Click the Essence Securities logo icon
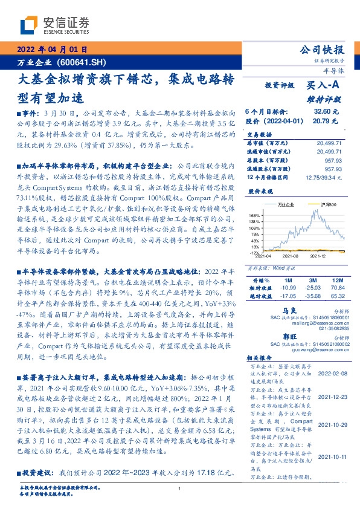pyautogui.click(x=29, y=25)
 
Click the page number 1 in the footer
pyautogui.click(x=179, y=488)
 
